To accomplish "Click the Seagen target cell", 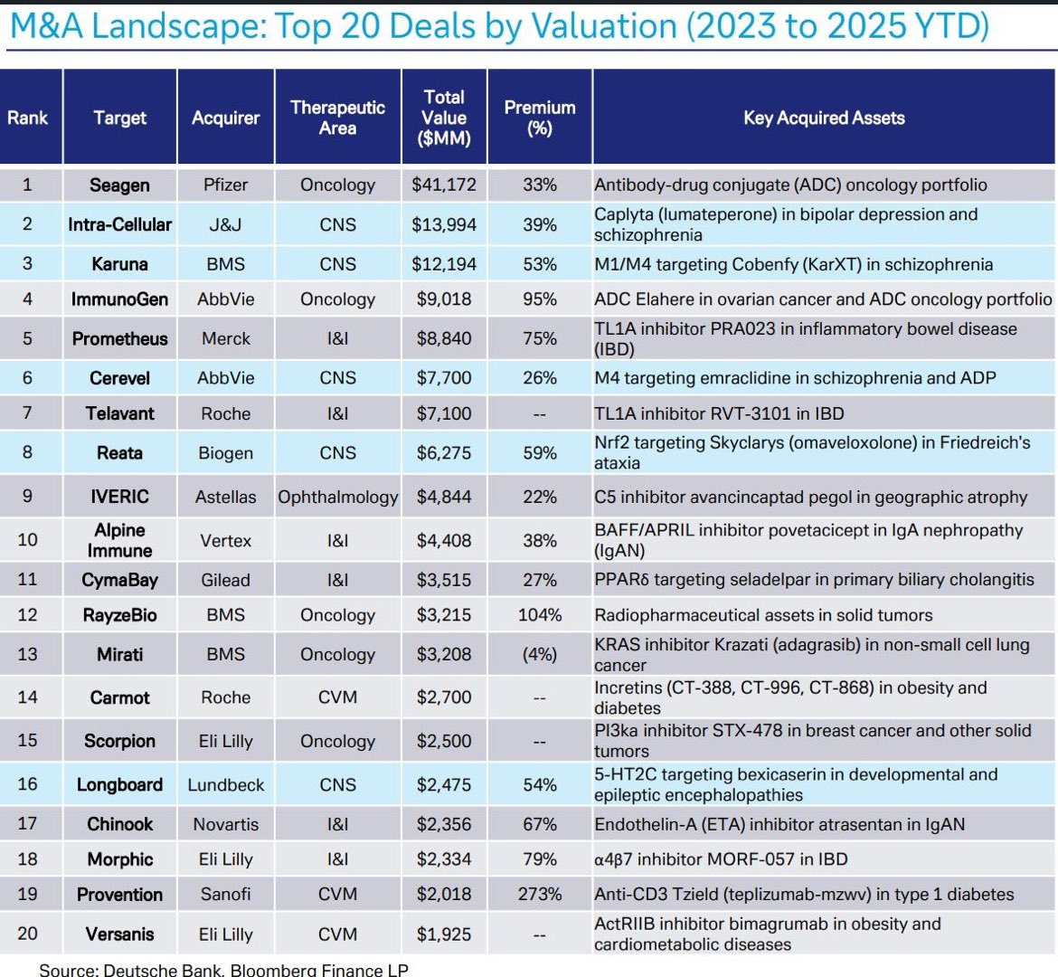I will [119, 185].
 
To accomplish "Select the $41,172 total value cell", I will [443, 185].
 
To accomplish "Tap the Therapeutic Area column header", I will [337, 118].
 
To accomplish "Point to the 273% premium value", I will [540, 894].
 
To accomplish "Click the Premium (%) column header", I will [540, 118].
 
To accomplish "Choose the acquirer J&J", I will [225, 224].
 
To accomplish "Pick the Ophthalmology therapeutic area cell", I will [337, 497].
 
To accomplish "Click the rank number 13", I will [27, 654].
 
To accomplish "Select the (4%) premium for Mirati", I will [540, 654].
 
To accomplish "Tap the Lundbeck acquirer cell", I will [225, 784].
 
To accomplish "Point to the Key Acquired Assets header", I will [824, 118].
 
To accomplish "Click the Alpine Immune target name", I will [119, 540].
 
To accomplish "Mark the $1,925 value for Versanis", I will [443, 934].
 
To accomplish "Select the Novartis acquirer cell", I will [225, 824].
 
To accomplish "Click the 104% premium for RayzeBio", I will [540, 615].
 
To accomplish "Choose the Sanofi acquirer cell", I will [225, 894].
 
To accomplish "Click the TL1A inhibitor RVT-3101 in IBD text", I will [719, 413].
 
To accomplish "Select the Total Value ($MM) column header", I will [443, 118].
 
